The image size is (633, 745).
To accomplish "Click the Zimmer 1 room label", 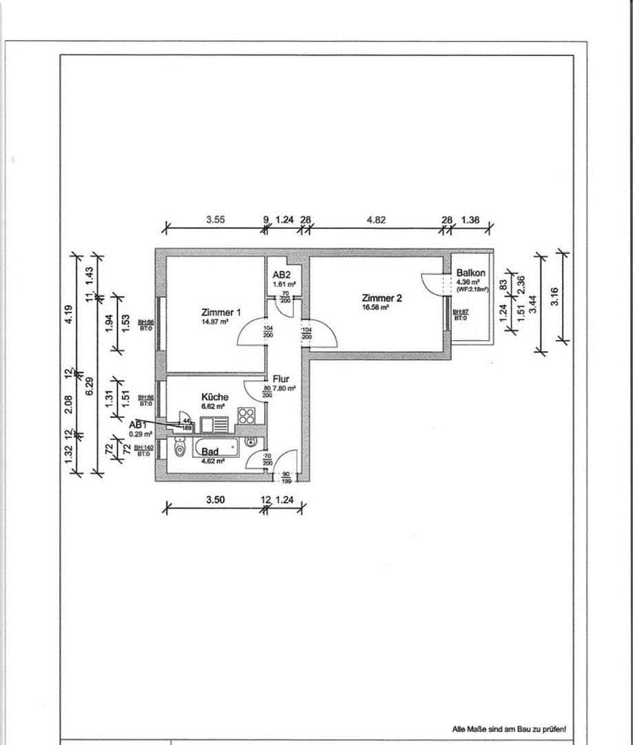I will tap(221, 312).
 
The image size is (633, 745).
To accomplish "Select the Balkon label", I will tap(471, 273).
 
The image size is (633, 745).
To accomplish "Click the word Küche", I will tap(214, 397).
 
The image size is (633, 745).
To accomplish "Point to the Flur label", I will tap(281, 379).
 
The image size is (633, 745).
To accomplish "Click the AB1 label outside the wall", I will tap(138, 425).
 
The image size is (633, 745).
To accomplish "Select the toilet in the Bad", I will tap(180, 449).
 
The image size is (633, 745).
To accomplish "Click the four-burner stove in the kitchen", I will tap(247, 416).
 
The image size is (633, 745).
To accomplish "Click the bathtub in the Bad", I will tap(217, 446).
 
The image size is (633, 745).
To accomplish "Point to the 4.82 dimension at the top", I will tap(376, 221).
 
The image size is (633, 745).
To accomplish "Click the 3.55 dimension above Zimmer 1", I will tap(215, 221).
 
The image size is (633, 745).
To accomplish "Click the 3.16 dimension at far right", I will tap(554, 297).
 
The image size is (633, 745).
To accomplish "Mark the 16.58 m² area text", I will tap(376, 308).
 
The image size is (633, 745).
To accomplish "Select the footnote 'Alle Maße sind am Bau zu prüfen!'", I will tap(509, 728).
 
